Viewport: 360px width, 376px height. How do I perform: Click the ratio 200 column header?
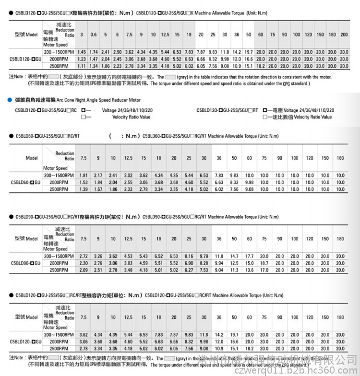pyautogui.click(x=344, y=35)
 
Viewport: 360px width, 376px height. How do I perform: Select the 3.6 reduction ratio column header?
pyautogui.click(x=94, y=35)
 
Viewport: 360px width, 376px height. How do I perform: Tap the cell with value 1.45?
pyautogui.click(x=82, y=52)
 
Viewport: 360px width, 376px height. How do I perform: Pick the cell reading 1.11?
pyautogui.click(x=82, y=66)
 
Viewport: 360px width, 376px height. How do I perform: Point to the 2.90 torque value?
pyautogui.click(x=117, y=52)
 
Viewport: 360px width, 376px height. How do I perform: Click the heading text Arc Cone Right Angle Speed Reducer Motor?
pyautogui.click(x=98, y=100)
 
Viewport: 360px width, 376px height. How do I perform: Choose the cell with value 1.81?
pyautogui.click(x=84, y=176)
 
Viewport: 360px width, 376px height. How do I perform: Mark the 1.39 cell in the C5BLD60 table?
pyautogui.click(x=84, y=190)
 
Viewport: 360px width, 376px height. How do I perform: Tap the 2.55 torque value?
pyautogui.click(x=128, y=183)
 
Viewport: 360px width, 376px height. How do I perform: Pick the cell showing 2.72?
pyautogui.click(x=84, y=256)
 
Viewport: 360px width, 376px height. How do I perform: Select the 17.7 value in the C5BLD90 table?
pyautogui.click(x=249, y=256)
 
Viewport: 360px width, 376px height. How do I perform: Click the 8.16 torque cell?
pyautogui.click(x=189, y=256)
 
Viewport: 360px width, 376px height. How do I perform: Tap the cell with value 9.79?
pyautogui.click(x=204, y=256)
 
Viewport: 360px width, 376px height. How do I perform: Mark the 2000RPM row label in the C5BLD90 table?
pyautogui.click(x=59, y=263)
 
